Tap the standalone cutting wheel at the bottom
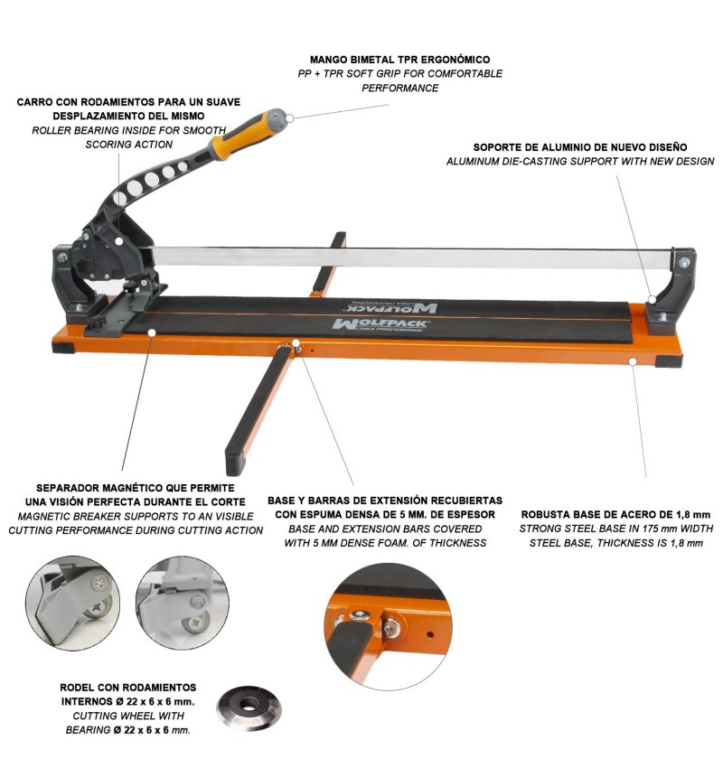(249, 708)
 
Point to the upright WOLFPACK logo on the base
(380, 323)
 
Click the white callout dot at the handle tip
(290, 117)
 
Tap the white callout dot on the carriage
(119, 241)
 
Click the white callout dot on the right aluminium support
(652, 299)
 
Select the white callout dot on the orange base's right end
(633, 361)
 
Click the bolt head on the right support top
(684, 263)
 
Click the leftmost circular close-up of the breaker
(72, 604)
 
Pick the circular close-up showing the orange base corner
(388, 627)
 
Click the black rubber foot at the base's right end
(668, 362)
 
